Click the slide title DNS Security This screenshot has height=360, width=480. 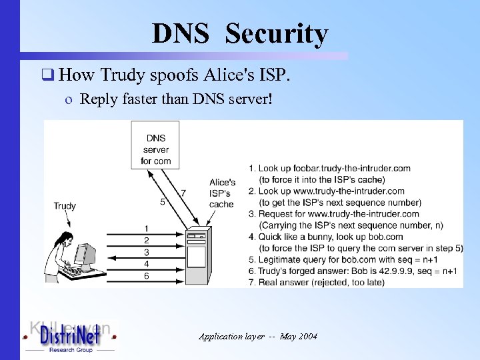tap(240, 33)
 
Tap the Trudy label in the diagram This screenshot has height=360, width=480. tap(65, 206)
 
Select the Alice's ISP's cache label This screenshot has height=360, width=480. tap(222, 193)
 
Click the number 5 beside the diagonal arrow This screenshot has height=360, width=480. tap(163, 201)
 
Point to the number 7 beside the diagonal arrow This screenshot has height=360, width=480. tap(183, 193)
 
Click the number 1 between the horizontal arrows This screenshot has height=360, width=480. tap(146, 229)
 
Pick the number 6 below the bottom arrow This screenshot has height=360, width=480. tap(146, 275)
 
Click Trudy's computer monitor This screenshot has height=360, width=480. tap(84, 254)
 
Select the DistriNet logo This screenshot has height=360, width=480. tap(69, 337)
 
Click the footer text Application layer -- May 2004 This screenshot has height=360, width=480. tap(258, 336)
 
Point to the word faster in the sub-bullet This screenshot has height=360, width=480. tap(150, 99)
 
